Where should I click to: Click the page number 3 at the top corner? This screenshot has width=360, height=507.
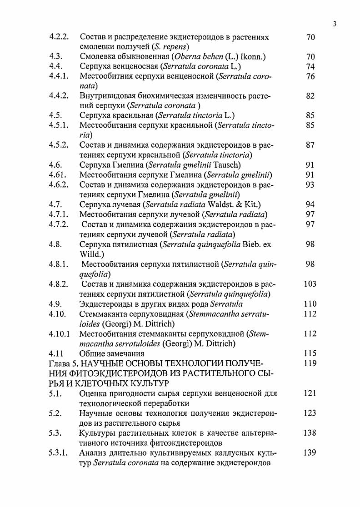[x=334, y=24]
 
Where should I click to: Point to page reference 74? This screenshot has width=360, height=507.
[x=310, y=66]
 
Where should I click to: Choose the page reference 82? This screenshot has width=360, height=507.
[x=310, y=96]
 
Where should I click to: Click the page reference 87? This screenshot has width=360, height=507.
[x=310, y=145]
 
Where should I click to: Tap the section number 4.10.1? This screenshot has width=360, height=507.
[x=60, y=334]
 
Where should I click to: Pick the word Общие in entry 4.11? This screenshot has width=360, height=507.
[x=93, y=353]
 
